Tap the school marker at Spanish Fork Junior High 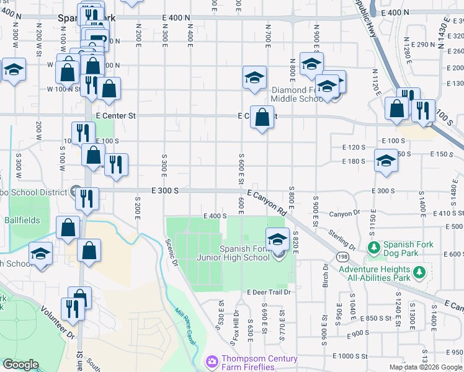tap(277, 240)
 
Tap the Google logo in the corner tap(21, 365)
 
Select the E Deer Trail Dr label tap(269, 292)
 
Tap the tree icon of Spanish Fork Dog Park tap(374, 248)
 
